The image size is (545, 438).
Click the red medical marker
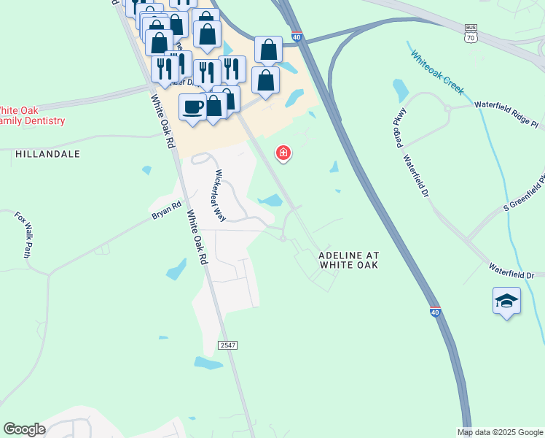[x=283, y=153]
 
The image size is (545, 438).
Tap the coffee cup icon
[x=193, y=107]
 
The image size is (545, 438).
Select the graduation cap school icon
[x=506, y=301]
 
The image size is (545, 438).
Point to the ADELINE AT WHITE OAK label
[x=349, y=260]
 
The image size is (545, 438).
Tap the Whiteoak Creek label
[x=436, y=71]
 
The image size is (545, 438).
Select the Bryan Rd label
[x=165, y=209]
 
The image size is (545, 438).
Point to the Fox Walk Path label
[x=23, y=235]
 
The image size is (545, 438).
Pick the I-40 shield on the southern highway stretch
[x=434, y=312]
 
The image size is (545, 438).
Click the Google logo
[x=24, y=429]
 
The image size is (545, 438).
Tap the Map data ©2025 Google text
[x=499, y=432]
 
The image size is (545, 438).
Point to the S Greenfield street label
[x=524, y=190]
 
